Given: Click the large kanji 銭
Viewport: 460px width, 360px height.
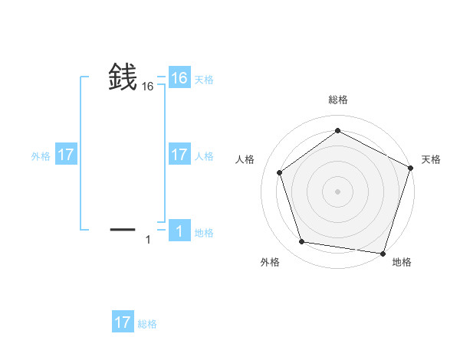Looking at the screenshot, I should point(123,77).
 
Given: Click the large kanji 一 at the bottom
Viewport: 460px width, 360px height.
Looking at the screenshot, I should point(123,229).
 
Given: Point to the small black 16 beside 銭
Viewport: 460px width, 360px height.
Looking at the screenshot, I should point(148,87).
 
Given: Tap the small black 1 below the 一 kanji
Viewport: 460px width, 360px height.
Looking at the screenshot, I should point(148,241).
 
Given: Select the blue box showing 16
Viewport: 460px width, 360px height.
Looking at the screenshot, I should point(179,78).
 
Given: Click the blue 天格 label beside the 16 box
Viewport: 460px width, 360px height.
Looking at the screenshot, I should point(204,80).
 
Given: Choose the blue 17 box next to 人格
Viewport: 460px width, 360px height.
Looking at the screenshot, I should point(179,155).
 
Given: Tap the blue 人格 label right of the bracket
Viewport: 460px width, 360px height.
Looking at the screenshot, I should point(204,156).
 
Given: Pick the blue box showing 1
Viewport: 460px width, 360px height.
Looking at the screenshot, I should point(179,231).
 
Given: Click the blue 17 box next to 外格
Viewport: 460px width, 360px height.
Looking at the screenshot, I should point(66,155).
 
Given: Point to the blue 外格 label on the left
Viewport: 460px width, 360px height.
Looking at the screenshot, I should point(41,156).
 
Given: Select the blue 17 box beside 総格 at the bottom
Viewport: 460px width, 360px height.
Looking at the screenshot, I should point(123,322).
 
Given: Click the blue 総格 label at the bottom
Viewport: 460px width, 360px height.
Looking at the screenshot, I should point(147,324).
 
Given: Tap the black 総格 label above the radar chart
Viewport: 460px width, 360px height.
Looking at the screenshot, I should point(337,100).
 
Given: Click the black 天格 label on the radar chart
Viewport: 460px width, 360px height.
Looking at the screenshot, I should point(431,159).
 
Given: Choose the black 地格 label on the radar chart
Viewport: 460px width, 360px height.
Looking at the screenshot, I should point(402,262).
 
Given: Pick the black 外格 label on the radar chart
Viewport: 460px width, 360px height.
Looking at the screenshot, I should point(270,262).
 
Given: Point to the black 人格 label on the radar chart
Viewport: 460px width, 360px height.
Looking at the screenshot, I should point(245,159).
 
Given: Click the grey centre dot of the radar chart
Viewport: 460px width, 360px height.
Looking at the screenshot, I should point(337,191).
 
